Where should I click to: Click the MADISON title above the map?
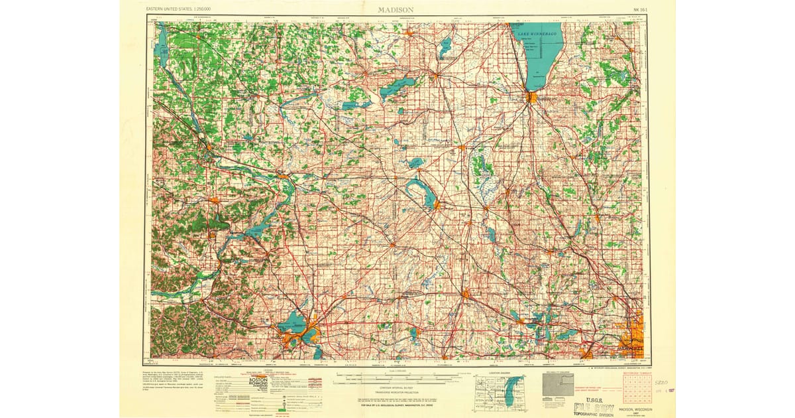point(396,9)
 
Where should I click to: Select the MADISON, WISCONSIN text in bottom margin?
point(635,409)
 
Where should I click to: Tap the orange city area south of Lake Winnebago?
point(531,97)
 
